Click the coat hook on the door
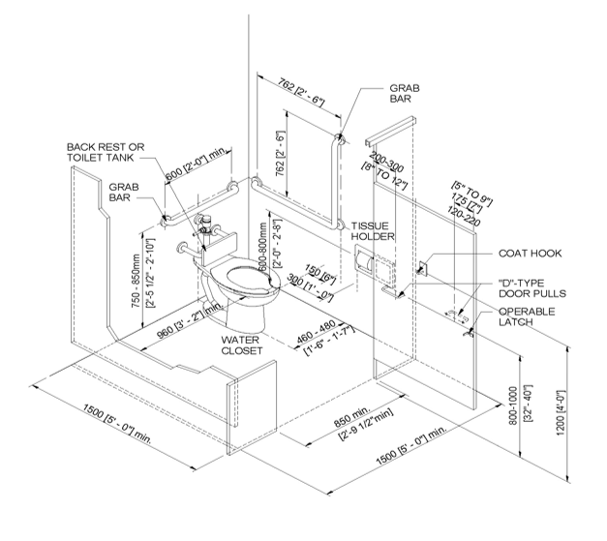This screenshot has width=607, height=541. coord(423,268)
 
